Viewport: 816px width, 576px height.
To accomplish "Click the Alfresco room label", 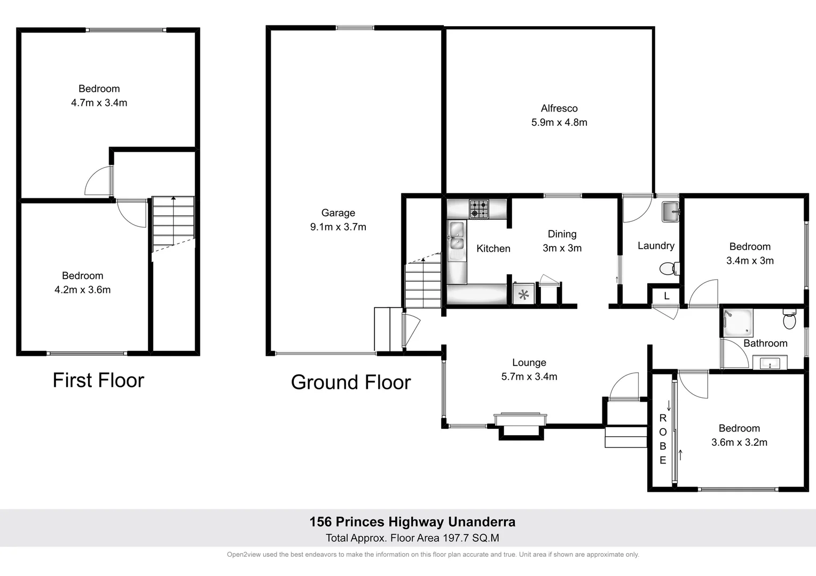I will [x=559, y=108].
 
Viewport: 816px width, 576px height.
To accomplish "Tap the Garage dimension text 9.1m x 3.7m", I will [x=338, y=227].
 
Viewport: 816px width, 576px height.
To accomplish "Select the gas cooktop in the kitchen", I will [x=478, y=209].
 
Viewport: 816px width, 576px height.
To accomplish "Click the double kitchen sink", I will [x=456, y=237].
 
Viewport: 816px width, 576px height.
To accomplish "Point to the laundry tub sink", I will [x=670, y=211].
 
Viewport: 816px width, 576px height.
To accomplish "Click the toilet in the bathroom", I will [x=789, y=320].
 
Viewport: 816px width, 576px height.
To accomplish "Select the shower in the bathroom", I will [x=737, y=323].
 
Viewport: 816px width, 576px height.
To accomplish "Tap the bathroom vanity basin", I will [x=769, y=364].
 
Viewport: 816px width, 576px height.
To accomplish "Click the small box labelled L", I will [x=666, y=296].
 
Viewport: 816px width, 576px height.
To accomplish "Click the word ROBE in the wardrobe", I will [x=663, y=439].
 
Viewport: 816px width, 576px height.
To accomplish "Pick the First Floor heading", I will [x=98, y=380].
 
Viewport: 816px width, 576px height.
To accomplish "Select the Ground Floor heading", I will [x=350, y=382].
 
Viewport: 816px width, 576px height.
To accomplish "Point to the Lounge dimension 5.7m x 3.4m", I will [x=529, y=377].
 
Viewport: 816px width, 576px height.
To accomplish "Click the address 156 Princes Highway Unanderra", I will [x=412, y=522].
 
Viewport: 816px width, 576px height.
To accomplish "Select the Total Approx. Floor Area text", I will [x=412, y=538].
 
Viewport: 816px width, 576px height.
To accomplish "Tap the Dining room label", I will [x=562, y=234].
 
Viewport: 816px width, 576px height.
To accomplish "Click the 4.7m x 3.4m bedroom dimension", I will [x=99, y=103].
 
